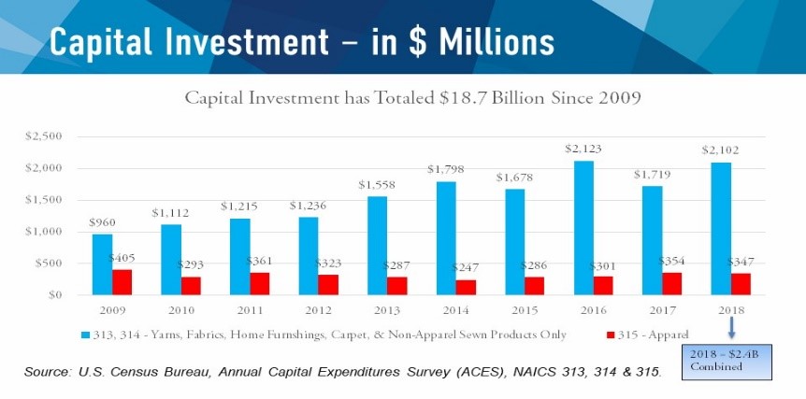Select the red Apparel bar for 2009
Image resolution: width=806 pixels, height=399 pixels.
[122, 282]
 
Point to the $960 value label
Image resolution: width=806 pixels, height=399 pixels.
[103, 223]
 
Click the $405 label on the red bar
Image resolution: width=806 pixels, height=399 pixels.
[122, 257]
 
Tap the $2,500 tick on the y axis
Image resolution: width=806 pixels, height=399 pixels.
[42, 136]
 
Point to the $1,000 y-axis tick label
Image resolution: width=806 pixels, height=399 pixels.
[42, 232]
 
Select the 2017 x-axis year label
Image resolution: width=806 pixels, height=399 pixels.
[673, 309]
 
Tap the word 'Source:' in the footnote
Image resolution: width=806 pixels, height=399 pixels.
[49, 373]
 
